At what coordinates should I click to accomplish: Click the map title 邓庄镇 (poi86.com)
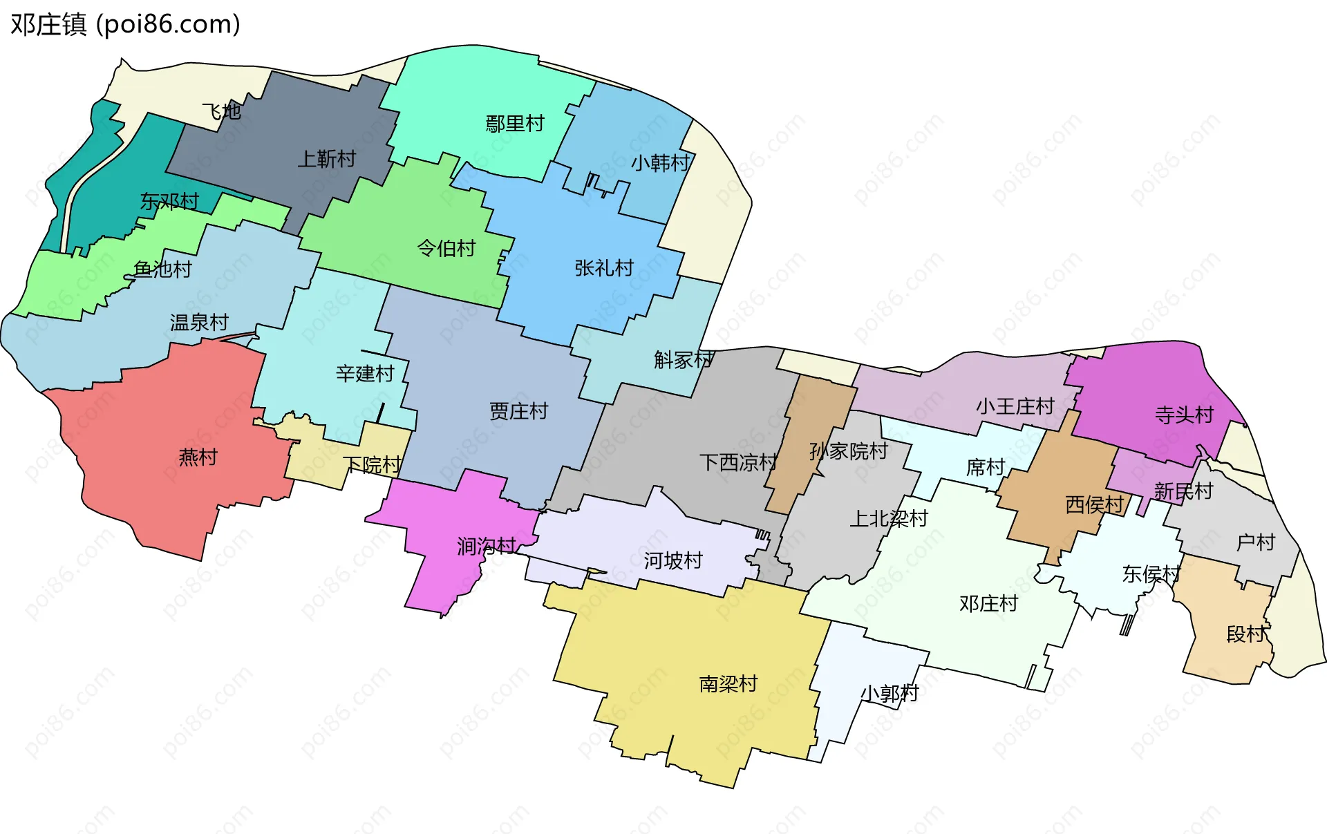coord(125,24)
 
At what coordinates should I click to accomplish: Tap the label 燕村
coord(198,457)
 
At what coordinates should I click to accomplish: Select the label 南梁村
coord(728,683)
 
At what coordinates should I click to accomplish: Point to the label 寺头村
coord(1184,415)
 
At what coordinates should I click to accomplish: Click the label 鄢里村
coord(515,124)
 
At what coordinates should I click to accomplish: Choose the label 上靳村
coord(326,159)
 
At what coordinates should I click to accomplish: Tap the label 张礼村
coord(604,267)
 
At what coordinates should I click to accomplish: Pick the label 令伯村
coord(446,247)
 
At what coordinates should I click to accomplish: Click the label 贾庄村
coord(518,411)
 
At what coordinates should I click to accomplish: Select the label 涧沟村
coord(486,546)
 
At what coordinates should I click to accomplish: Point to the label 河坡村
coord(672,560)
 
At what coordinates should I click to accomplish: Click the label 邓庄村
coord(988,603)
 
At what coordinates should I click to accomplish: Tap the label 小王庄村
coord(1015,406)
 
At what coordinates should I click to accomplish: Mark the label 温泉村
coord(199,322)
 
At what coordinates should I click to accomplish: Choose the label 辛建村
coord(365,373)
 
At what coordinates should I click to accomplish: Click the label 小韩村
coord(660,162)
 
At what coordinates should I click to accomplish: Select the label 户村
coord(1255,542)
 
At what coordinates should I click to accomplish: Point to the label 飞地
coord(221,111)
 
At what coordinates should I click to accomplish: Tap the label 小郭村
coord(889,692)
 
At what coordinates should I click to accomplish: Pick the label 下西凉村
coord(738,462)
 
